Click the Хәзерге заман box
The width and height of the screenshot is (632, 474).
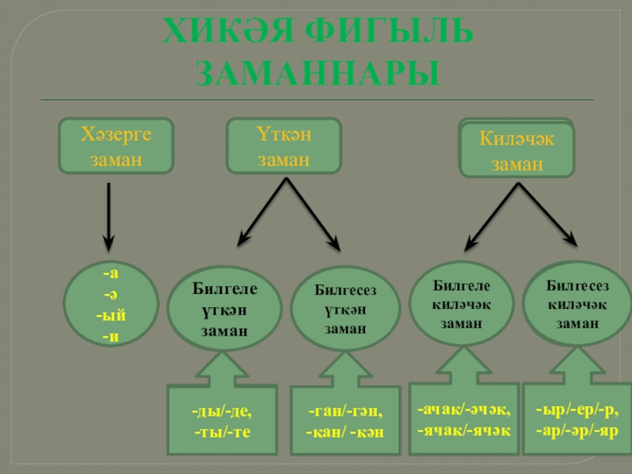pos(116,146)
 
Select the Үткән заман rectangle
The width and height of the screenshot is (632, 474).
pos(284,146)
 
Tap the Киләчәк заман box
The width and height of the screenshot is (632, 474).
pos(517,150)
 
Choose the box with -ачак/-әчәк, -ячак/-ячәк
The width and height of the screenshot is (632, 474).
pos(464,419)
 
